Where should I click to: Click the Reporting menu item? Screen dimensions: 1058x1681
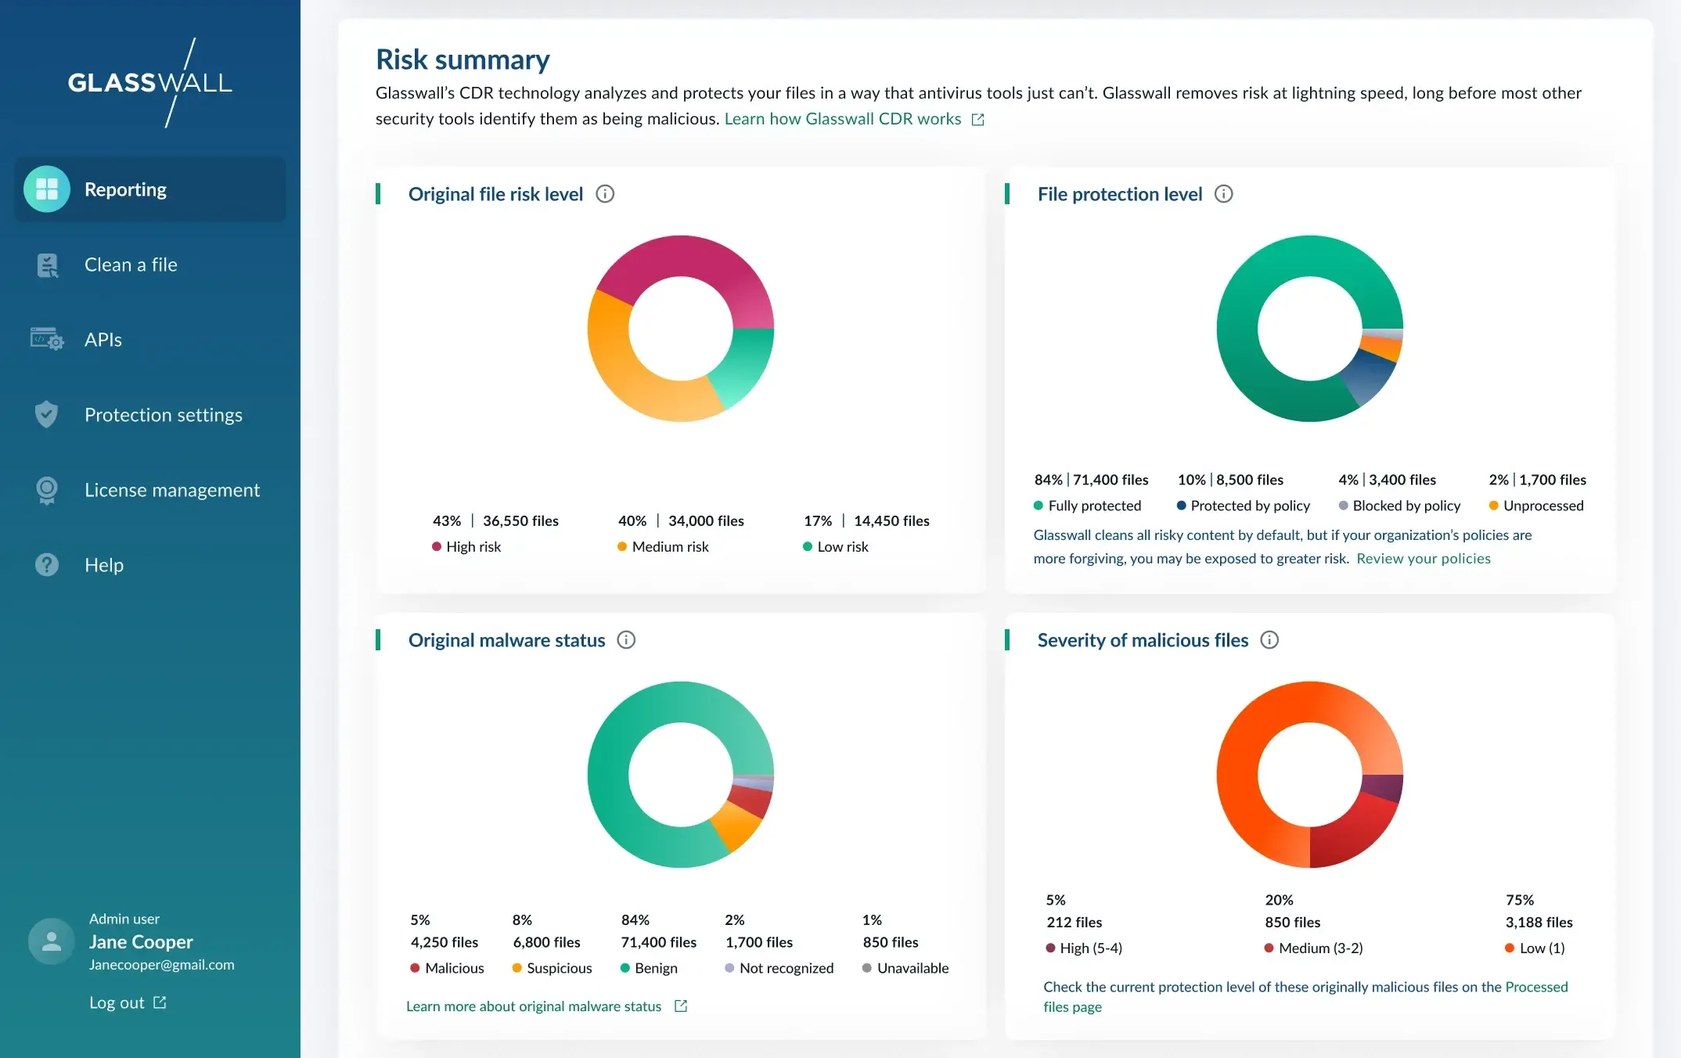click(125, 189)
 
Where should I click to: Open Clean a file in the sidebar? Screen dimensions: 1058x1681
click(130, 264)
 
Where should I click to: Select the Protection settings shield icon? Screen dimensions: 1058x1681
click(47, 415)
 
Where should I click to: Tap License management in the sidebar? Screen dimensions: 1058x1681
click(171, 490)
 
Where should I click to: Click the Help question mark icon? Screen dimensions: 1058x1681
click(47, 565)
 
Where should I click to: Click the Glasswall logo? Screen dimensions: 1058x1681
click(150, 82)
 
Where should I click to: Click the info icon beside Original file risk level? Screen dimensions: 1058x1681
click(605, 194)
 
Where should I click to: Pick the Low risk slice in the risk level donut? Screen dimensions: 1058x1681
click(743, 368)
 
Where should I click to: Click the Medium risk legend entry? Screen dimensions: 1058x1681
click(669, 547)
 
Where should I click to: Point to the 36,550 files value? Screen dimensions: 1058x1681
click(520, 521)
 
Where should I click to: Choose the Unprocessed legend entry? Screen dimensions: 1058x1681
click(1542, 506)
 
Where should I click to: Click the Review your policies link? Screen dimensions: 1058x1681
click(1423, 559)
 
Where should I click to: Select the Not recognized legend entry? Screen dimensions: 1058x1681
click(786, 968)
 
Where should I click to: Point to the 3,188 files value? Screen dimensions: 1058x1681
click(1539, 923)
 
